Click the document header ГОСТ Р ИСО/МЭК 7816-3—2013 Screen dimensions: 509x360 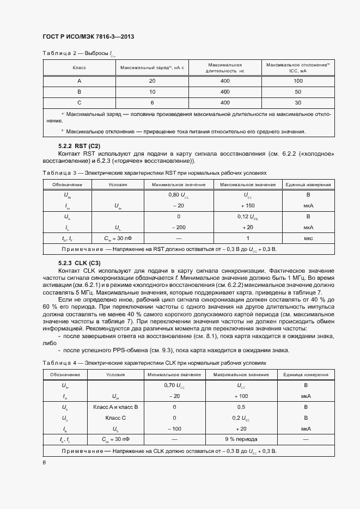click(x=88, y=36)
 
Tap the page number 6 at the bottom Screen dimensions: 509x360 click(x=44, y=462)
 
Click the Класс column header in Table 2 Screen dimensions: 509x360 click(x=80, y=68)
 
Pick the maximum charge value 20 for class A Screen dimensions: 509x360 click(x=152, y=81)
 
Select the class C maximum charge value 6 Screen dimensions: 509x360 click(x=152, y=102)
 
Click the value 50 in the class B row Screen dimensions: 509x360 click(x=298, y=91)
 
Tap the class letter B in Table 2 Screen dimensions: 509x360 click(x=80, y=91)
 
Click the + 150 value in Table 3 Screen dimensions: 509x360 click(x=247, y=205)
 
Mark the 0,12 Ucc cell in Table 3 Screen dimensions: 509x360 click(x=247, y=217)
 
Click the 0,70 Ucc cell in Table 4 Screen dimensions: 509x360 click(x=174, y=385)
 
